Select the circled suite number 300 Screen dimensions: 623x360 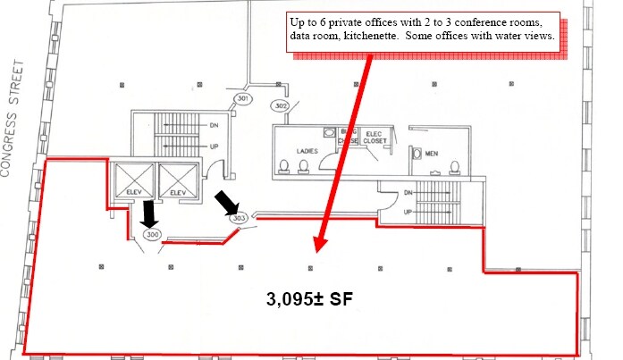click(x=152, y=235)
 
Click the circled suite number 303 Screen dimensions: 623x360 click(x=238, y=218)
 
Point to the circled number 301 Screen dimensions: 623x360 click(x=241, y=97)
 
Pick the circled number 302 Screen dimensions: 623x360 click(x=281, y=106)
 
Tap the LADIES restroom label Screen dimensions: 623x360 click(x=307, y=151)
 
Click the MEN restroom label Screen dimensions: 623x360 click(x=432, y=152)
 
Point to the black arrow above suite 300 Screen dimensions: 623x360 click(x=149, y=213)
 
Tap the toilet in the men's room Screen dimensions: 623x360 click(x=455, y=166)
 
